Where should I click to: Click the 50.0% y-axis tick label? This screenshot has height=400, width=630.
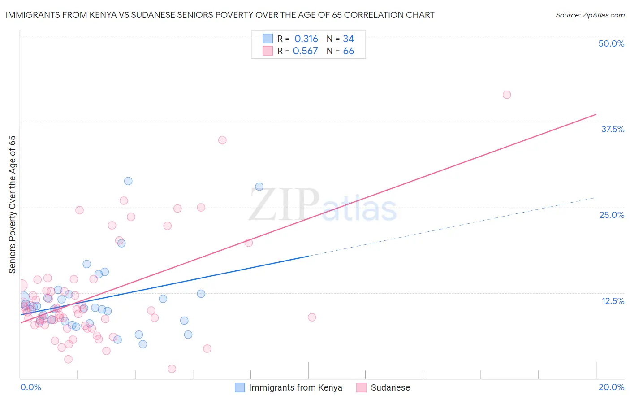[x=611, y=43]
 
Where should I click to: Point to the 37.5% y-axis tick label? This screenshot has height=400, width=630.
[x=613, y=129]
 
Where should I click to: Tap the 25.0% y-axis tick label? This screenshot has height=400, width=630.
[x=612, y=215]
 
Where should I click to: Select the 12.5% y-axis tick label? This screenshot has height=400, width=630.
[x=613, y=301]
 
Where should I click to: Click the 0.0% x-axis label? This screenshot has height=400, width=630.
[x=30, y=387]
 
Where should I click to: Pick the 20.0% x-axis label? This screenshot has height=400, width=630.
[x=611, y=387]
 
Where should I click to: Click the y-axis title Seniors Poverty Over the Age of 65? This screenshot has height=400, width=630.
[x=12, y=204]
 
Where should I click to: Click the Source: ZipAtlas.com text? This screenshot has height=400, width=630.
[x=590, y=15]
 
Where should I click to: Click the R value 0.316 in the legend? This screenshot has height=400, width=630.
[x=306, y=39]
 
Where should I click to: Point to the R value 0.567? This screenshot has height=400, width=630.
[x=305, y=51]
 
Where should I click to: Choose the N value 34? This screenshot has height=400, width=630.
[x=348, y=39]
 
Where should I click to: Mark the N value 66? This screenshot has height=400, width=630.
[x=348, y=51]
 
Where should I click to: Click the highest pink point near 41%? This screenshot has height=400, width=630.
[x=507, y=95]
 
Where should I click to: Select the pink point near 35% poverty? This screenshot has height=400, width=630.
[x=222, y=140]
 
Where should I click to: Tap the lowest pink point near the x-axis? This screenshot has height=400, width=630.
[x=172, y=369]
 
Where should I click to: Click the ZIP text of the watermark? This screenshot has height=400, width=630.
[x=284, y=204]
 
